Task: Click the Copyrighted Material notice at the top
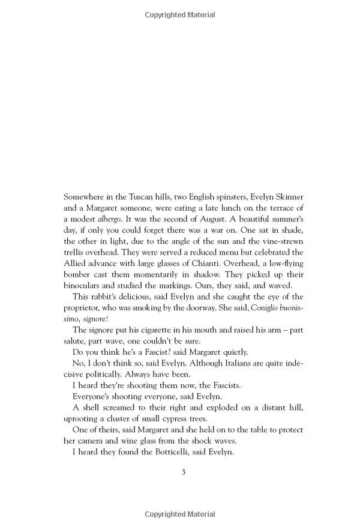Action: (180, 15)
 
